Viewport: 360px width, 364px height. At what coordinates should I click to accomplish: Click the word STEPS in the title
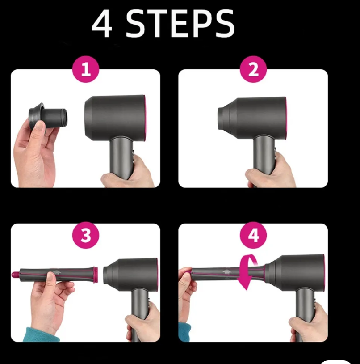click(180, 23)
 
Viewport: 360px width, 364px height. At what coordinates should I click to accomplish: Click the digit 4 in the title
click(102, 24)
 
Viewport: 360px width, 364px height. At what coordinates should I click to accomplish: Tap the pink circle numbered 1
click(86, 69)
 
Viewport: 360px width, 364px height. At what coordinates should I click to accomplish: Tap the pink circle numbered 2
click(253, 69)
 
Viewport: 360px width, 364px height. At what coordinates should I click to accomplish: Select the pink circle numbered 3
click(86, 235)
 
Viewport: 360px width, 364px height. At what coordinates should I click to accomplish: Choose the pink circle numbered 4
click(253, 235)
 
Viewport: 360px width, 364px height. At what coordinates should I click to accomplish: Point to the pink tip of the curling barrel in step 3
click(16, 275)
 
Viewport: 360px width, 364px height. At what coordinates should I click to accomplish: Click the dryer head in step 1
click(115, 118)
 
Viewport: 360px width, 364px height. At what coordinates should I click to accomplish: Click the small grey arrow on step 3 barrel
click(57, 272)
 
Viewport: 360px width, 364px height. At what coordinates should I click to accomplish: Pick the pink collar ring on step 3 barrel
click(95, 275)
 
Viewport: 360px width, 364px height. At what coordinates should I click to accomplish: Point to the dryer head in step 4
click(295, 271)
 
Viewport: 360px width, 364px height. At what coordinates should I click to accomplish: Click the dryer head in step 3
click(131, 274)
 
